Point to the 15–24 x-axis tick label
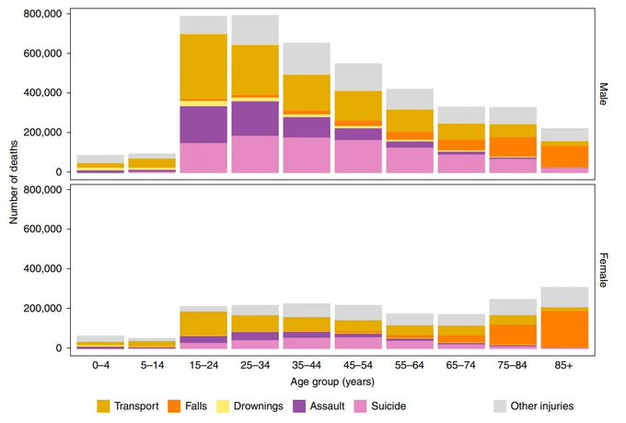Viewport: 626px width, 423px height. (203, 365)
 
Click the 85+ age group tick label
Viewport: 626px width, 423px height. (563, 365)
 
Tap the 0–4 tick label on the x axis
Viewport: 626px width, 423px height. (100, 365)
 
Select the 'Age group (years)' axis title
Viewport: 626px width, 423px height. (332, 382)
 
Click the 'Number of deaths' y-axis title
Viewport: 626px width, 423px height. (14, 180)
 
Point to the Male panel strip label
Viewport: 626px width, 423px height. (605, 92)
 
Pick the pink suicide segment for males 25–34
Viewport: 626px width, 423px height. (255, 154)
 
